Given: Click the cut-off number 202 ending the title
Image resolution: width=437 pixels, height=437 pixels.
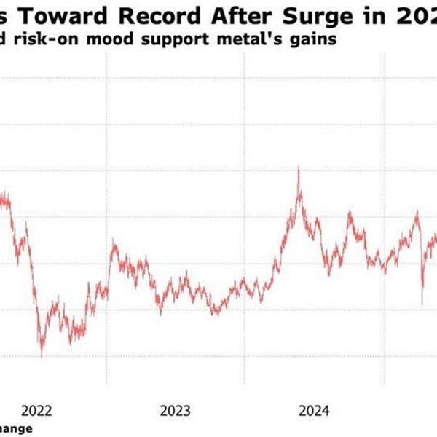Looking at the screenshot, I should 412,14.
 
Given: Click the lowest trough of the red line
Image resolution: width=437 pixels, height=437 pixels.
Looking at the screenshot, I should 42,356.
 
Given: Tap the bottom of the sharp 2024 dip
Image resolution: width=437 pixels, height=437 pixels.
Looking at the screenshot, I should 422,304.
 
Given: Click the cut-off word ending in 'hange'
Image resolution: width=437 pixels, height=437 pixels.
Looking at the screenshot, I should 15,429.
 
